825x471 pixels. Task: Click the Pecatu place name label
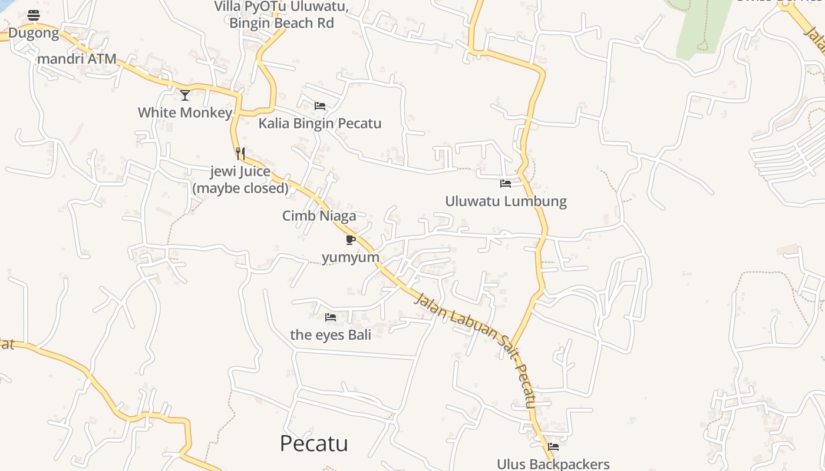pyautogui.click(x=313, y=443)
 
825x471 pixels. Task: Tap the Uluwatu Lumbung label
pyautogui.click(x=506, y=201)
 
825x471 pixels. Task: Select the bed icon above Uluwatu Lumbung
pyautogui.click(x=506, y=184)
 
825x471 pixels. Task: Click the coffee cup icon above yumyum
pyautogui.click(x=351, y=240)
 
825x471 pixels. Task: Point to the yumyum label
pyautogui.click(x=351, y=257)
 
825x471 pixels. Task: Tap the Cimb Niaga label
pyautogui.click(x=319, y=216)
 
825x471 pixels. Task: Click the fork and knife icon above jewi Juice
pyautogui.click(x=240, y=154)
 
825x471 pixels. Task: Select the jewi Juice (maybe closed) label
pyautogui.click(x=240, y=180)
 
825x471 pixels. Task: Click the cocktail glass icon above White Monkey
pyautogui.click(x=185, y=95)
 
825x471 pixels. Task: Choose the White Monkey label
pyautogui.click(x=185, y=112)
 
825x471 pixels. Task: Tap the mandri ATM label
pyautogui.click(x=77, y=59)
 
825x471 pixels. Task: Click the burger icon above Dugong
pyautogui.click(x=34, y=15)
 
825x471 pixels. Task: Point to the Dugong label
pyautogui.click(x=34, y=33)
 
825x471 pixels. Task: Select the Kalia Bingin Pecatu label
pyautogui.click(x=320, y=124)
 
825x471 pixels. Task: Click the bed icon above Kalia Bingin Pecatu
pyautogui.click(x=320, y=106)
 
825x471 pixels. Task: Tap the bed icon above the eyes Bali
pyautogui.click(x=331, y=317)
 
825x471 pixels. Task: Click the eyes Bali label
pyautogui.click(x=331, y=335)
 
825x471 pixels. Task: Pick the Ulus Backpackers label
pyautogui.click(x=553, y=464)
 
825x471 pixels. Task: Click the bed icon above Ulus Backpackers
pyautogui.click(x=553, y=446)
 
